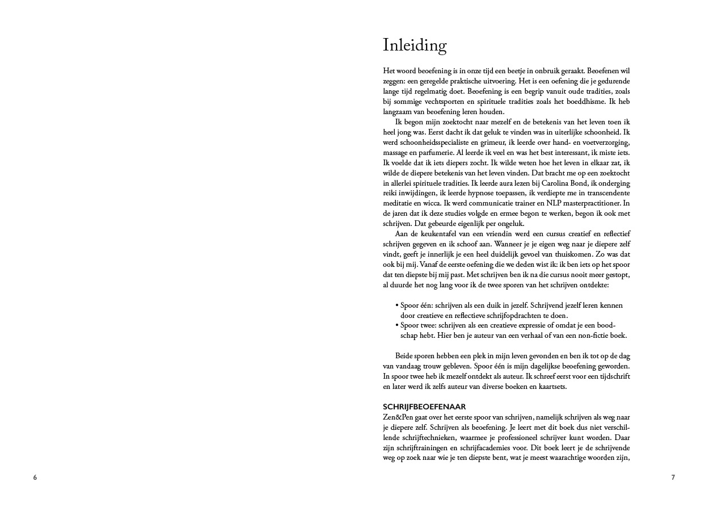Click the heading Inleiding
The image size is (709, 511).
[x=415, y=45]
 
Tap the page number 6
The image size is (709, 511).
[x=35, y=478]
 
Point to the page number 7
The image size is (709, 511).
[x=673, y=478]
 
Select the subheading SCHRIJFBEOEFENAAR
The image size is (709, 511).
[x=424, y=407]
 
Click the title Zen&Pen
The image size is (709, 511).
[x=397, y=417]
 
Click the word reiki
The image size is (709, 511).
[x=391, y=193]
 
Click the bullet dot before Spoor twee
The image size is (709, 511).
[x=396, y=325]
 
